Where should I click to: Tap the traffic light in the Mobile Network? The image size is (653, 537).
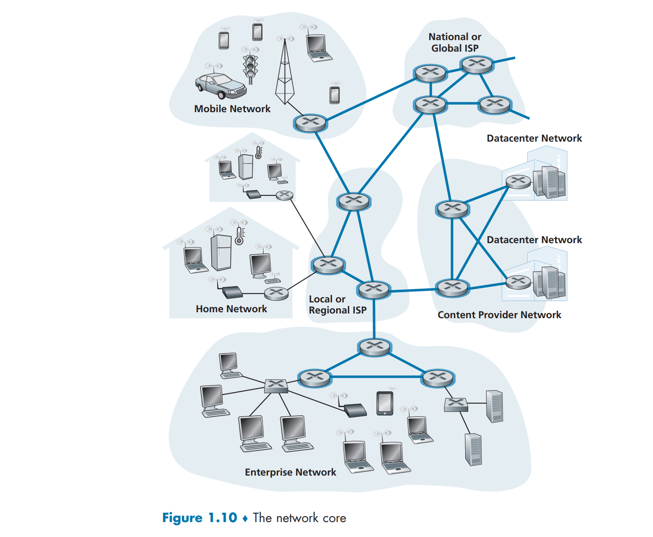click(x=250, y=69)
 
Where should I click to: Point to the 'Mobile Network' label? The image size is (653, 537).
click(x=232, y=109)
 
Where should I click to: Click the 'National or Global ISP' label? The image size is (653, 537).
click(x=455, y=42)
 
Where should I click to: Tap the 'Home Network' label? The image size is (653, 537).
click(x=231, y=308)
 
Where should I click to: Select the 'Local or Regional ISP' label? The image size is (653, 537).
click(x=338, y=305)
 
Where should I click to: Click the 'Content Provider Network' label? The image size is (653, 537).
click(x=499, y=315)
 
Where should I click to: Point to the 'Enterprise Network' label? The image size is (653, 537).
click(x=290, y=472)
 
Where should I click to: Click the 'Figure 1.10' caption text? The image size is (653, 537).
click(x=200, y=517)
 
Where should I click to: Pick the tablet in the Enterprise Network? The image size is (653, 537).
click(x=385, y=403)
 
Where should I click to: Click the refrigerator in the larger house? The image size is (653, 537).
click(x=221, y=253)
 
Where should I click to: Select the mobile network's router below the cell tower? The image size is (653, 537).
click(x=311, y=123)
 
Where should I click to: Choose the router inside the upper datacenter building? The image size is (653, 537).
click(x=518, y=182)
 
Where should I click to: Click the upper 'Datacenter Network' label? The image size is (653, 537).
click(x=534, y=138)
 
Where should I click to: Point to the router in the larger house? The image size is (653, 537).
click(x=276, y=293)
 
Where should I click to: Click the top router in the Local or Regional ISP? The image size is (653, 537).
click(x=353, y=201)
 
